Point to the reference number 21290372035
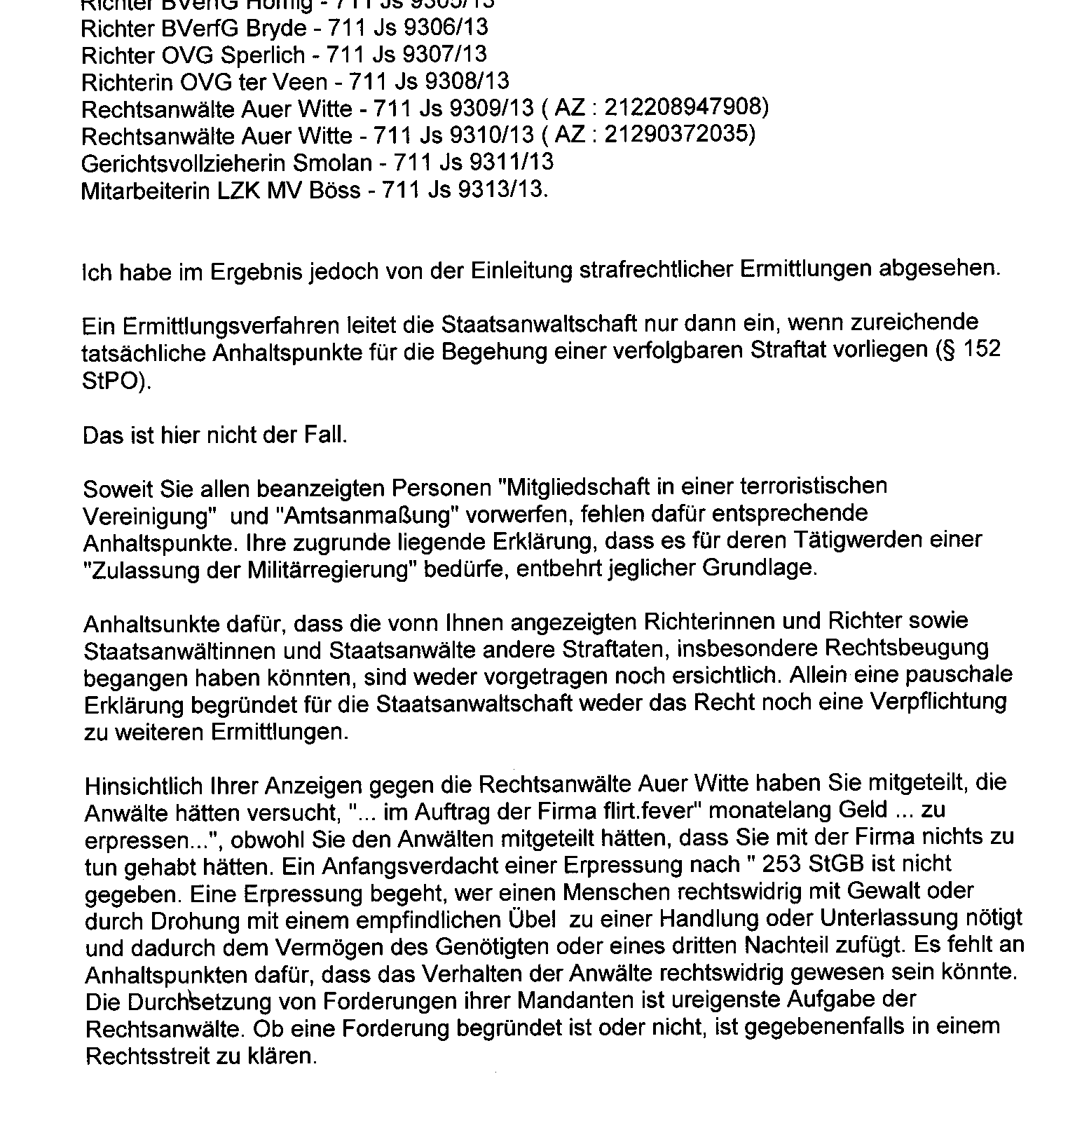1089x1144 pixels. tap(676, 135)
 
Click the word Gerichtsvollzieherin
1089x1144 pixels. tap(184, 163)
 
